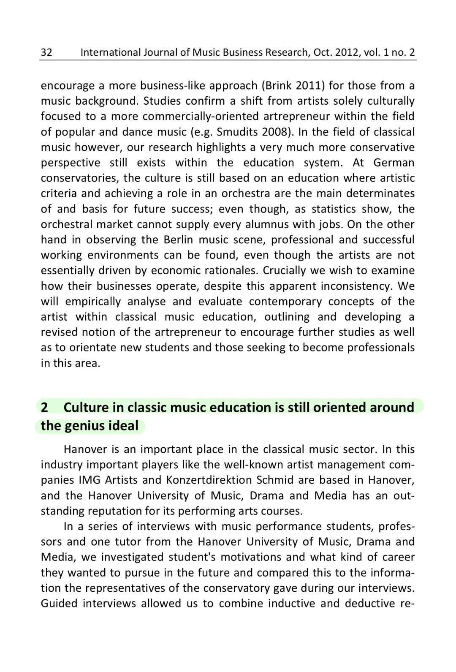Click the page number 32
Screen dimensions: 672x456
coord(46,52)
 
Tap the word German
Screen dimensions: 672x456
coord(394,163)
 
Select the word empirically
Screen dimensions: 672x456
coord(92,302)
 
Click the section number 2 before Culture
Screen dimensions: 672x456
coord(44,407)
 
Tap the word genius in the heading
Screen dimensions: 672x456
coord(85,425)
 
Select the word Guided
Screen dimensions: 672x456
coord(59,604)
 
